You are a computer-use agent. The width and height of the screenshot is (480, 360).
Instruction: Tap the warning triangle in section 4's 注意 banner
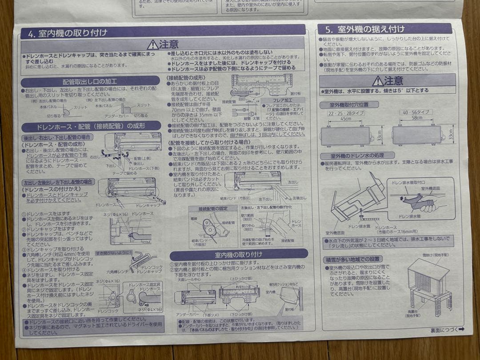pos(152,44)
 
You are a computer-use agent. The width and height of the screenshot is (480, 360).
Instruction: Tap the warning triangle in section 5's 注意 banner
pos(377,81)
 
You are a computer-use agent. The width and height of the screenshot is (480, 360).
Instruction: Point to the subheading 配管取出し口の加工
pos(90,82)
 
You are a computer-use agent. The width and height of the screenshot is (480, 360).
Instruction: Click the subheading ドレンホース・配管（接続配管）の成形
pos(90,126)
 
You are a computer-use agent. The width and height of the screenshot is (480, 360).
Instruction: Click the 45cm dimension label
pos(345,119)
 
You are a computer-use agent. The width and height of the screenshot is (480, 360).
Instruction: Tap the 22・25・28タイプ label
pos(345,113)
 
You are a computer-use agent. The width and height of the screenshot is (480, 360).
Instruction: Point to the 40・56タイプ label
pos(416,113)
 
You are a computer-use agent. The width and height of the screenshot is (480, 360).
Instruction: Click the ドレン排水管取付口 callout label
pos(408,183)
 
